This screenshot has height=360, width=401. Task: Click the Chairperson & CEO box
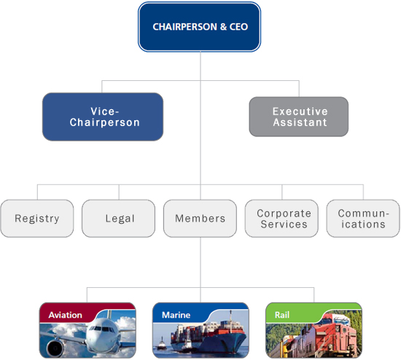[x=199, y=26]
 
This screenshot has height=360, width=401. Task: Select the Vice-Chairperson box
[x=102, y=117]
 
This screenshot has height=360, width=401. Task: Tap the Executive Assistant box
[x=299, y=117]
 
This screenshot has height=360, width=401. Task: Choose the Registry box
[x=37, y=219]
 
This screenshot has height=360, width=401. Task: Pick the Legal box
[x=119, y=219]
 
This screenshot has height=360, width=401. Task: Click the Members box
[x=200, y=219]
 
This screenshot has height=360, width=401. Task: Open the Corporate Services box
[x=282, y=219]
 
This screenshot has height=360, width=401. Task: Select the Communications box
[x=362, y=219]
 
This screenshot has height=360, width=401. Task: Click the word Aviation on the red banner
[x=66, y=316]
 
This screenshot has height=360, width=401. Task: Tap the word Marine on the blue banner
[x=176, y=316]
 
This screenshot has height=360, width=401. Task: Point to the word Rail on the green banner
[x=282, y=316]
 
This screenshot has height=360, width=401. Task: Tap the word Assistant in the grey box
[x=299, y=122]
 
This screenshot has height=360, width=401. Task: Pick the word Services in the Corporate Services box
[x=284, y=224]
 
